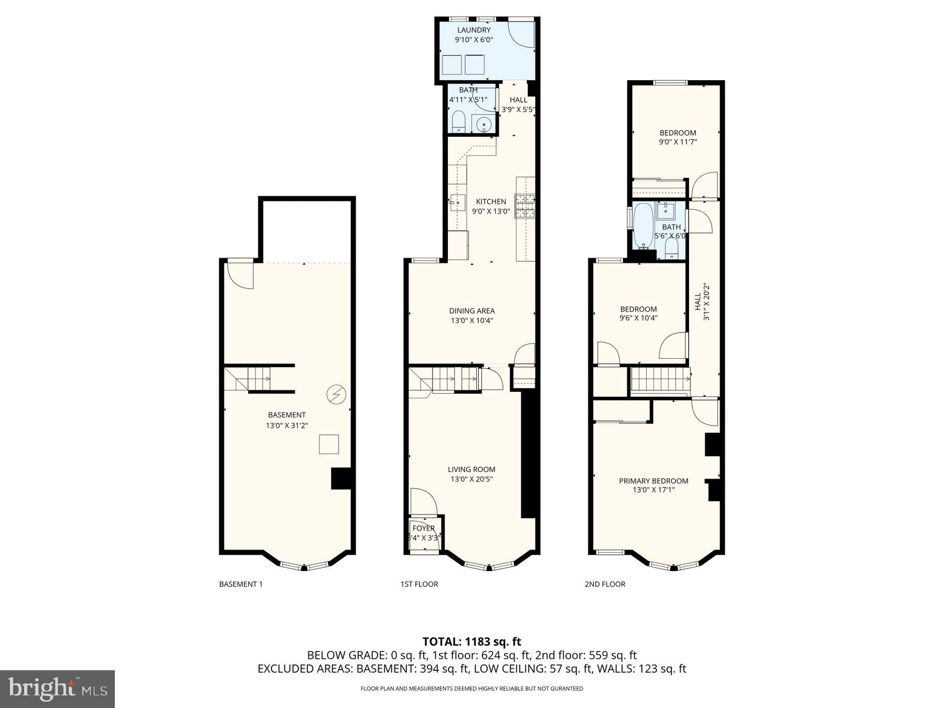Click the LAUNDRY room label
point(474,30)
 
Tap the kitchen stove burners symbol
point(525,206)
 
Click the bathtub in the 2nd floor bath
point(643,226)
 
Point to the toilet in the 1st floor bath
point(458,121)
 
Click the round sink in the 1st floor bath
point(484,125)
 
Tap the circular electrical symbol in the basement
point(336,394)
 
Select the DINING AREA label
point(471,311)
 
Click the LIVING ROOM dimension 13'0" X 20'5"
point(471,479)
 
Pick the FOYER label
point(423,528)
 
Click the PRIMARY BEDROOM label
point(653,481)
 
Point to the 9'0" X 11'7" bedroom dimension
point(678,142)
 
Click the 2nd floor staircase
point(659,380)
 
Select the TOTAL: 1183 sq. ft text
point(471,641)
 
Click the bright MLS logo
point(57,689)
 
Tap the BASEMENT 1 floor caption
point(241,584)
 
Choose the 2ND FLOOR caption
point(605,584)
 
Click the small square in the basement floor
point(329,444)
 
